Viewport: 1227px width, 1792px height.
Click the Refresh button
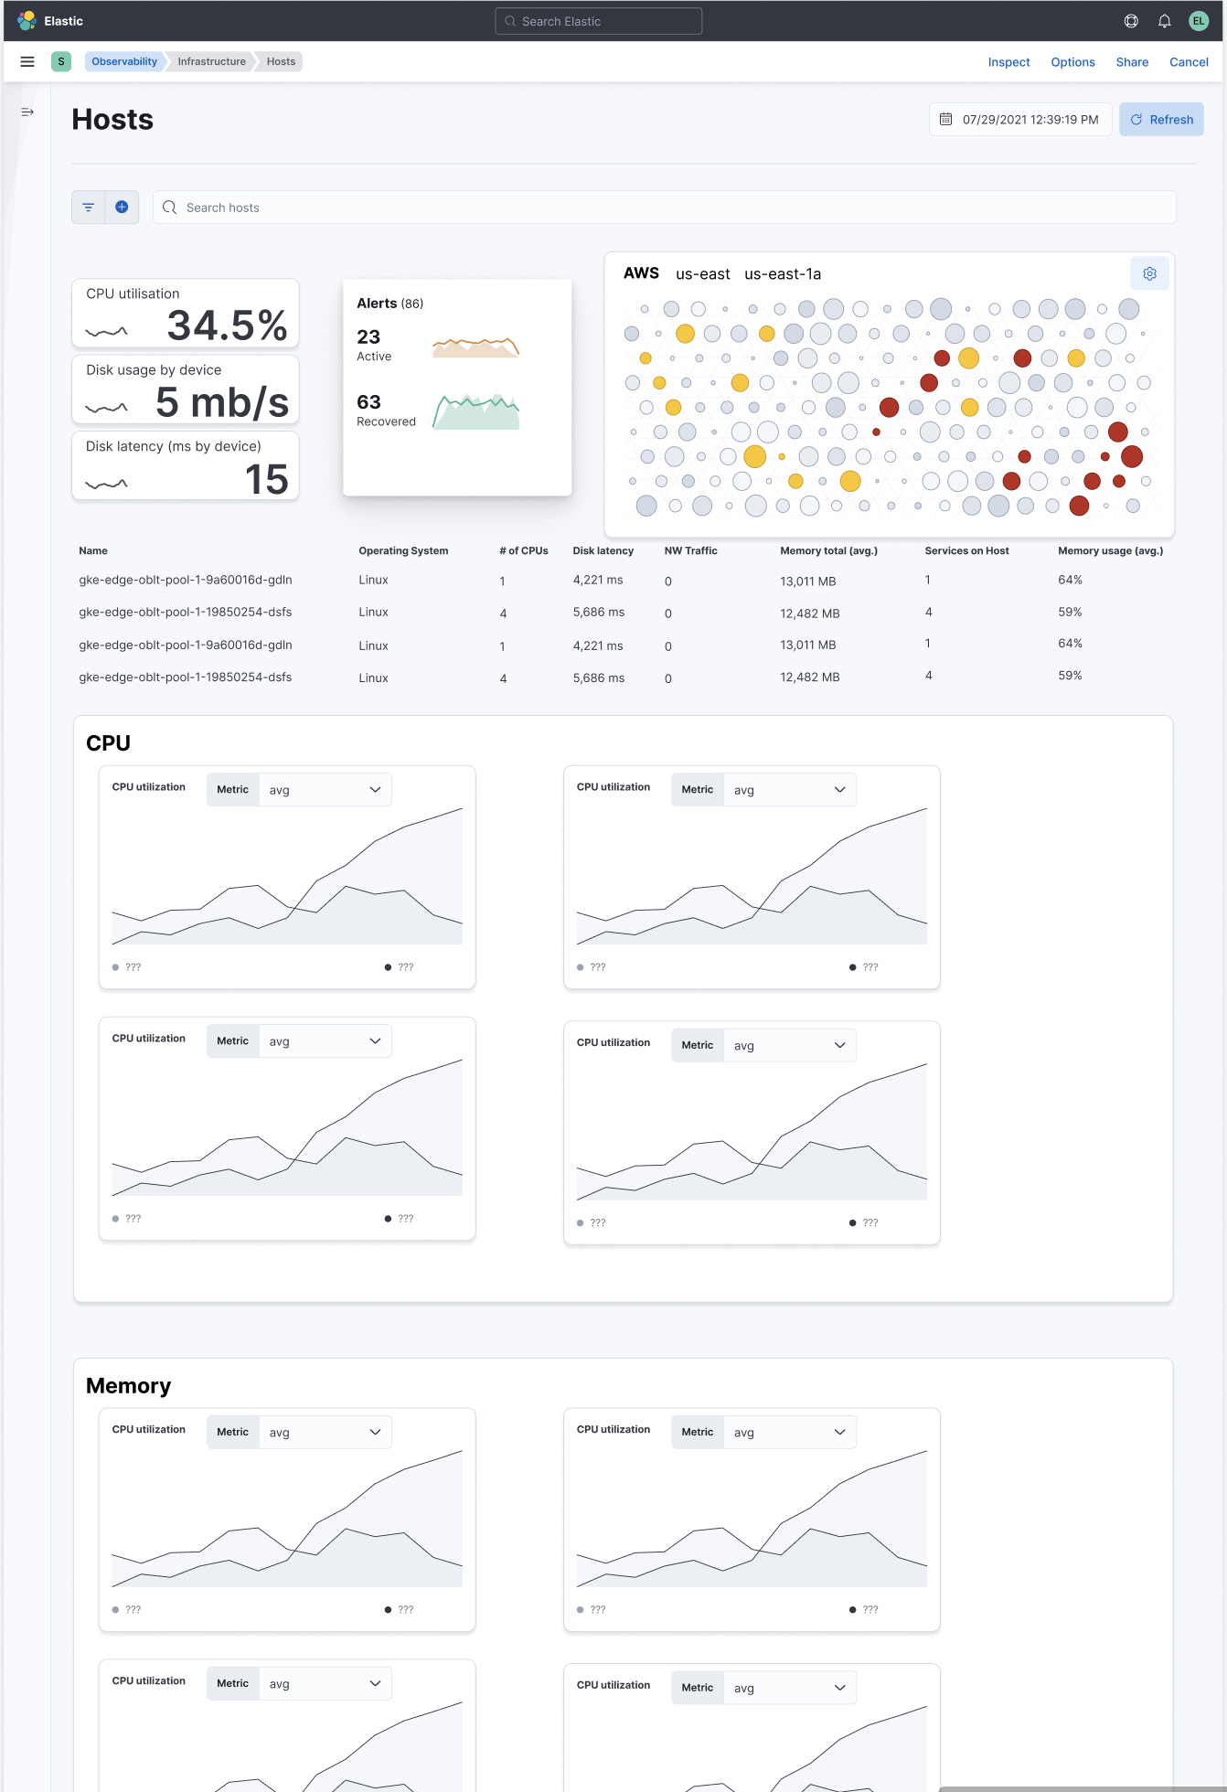1161,120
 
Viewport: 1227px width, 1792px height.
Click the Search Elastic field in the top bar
599,21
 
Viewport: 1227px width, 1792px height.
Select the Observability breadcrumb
124,61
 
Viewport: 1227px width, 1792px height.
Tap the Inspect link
1008,62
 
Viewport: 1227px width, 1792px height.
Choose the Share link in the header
1132,62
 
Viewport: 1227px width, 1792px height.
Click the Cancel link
1189,62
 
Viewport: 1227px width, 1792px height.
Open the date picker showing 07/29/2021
1020,120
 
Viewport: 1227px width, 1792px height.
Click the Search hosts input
664,208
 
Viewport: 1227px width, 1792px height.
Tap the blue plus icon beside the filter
122,208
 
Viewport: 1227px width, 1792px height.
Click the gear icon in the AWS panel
1149,273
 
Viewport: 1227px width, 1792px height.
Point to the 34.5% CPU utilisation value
227,325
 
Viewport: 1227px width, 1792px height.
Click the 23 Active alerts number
368,336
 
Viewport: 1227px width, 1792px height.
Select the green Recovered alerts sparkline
475,412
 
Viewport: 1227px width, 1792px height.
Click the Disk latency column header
603,550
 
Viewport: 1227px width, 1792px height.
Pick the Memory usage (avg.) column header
1110,550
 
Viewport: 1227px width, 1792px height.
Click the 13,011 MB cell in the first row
807,581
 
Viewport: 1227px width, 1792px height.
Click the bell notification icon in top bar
1164,21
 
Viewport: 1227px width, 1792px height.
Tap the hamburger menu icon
27,61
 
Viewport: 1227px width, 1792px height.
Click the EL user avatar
1198,21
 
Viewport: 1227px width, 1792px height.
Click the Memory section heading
128,1386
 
